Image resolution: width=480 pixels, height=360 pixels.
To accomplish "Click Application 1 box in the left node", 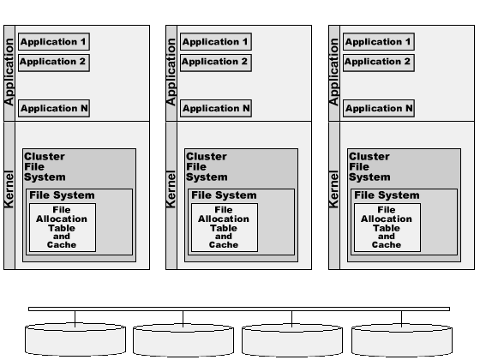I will coord(53,41).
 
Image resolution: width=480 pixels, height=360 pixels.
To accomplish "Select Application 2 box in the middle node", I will coord(216,62).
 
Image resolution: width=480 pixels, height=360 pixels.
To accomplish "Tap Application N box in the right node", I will coord(378,108).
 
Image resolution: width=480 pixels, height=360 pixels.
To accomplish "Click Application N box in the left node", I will coord(53,108).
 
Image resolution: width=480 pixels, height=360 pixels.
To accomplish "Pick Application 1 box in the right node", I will coord(378,41).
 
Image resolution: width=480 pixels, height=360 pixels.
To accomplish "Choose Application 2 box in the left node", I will coord(53,62).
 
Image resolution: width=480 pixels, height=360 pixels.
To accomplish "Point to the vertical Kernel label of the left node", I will coord(10,189).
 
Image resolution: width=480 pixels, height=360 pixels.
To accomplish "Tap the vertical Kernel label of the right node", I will coord(334,189).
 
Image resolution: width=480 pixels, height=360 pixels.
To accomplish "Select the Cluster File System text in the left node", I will coord(44,167).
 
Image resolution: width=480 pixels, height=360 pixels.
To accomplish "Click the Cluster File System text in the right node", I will coord(369,167).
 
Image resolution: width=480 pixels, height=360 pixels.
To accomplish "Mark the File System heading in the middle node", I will coord(224,195).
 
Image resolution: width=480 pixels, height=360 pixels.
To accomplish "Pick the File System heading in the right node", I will coord(387,195).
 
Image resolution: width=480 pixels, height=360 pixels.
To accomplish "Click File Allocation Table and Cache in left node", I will coord(62,227).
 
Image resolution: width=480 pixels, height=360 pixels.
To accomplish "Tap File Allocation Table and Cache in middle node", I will coord(224,227).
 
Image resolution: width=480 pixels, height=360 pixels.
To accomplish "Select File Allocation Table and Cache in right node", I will coord(387,227).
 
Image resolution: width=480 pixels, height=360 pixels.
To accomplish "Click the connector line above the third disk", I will coord(293,318).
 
